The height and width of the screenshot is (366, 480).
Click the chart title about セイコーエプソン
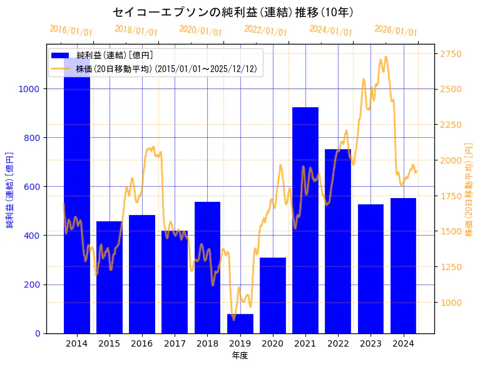click(233, 12)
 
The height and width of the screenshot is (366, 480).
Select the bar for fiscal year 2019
click(240, 323)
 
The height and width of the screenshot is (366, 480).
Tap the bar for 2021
click(305, 220)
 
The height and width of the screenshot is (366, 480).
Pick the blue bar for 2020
click(273, 295)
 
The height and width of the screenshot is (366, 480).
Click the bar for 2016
click(142, 274)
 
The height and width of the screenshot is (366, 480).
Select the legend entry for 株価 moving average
click(166, 68)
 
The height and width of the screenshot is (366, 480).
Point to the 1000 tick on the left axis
click(31, 89)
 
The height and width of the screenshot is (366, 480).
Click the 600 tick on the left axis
click(33, 187)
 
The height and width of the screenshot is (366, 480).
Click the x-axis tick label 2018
click(207, 343)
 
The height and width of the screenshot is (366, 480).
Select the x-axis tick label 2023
click(370, 343)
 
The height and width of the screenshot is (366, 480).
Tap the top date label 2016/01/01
click(71, 31)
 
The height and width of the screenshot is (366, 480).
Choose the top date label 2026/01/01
click(396, 31)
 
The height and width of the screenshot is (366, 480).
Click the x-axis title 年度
click(240, 355)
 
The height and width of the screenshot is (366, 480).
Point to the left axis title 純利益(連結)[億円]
click(10, 189)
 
